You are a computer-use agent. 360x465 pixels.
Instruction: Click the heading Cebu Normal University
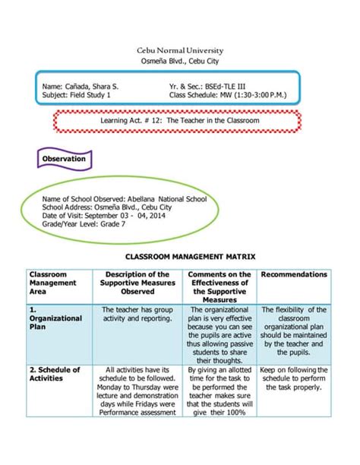point(179,50)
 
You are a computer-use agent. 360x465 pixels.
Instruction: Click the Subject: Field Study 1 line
point(77,96)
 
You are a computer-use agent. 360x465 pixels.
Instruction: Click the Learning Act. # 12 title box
point(180,121)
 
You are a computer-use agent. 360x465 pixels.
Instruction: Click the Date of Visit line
point(103,216)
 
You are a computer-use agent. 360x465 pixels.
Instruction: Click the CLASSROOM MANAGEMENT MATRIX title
point(179,258)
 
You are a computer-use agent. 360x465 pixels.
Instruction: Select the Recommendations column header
point(294,274)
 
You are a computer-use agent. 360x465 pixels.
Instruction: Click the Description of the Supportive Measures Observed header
point(137,283)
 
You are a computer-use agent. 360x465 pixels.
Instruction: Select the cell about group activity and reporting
point(137,314)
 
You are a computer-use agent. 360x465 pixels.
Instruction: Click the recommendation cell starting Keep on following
point(294,378)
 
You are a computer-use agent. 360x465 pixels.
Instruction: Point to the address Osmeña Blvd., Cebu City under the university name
point(179,62)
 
